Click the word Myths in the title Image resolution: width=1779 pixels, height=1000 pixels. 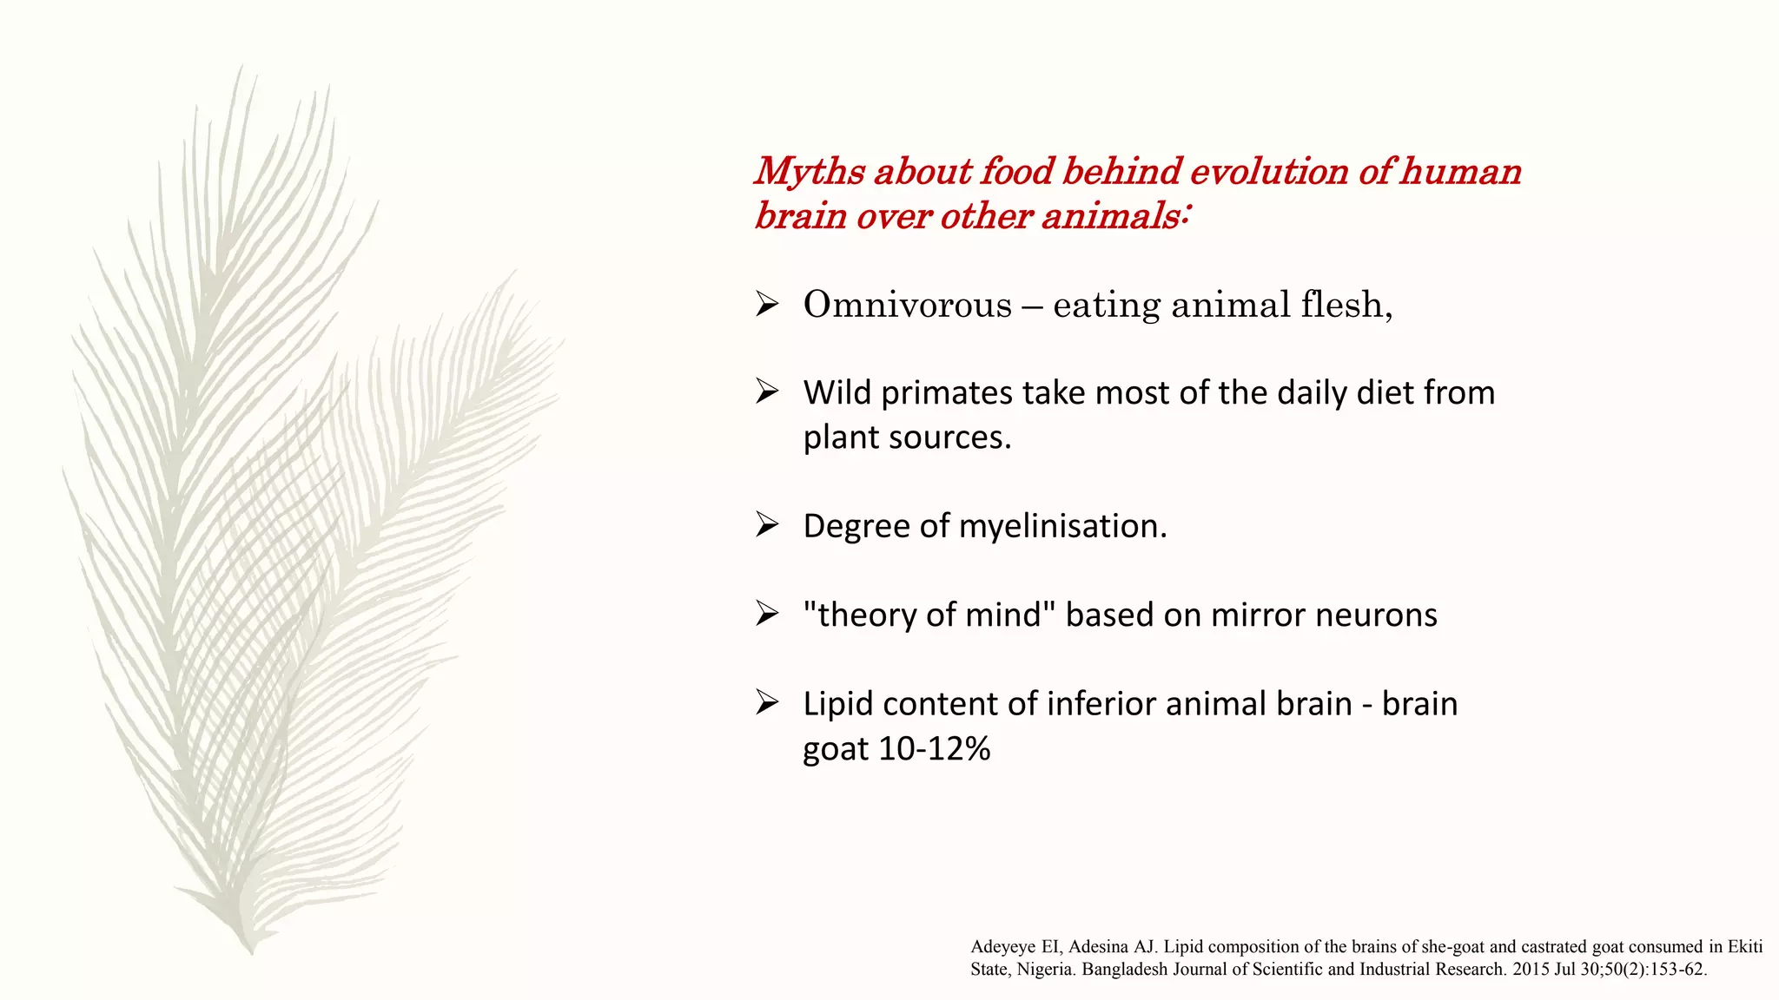click(x=810, y=172)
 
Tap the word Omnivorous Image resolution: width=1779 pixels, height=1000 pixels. click(x=907, y=305)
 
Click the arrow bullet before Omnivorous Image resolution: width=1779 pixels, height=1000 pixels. click(x=767, y=305)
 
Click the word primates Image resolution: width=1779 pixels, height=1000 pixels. click(x=946, y=393)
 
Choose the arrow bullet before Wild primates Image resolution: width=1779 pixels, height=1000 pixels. click(x=767, y=392)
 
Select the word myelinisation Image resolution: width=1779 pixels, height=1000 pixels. click(x=1062, y=526)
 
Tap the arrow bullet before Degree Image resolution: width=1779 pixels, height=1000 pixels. click(x=767, y=525)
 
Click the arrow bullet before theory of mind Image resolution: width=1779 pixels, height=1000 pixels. click(x=767, y=615)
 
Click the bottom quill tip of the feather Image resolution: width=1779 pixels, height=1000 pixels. click(x=251, y=950)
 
